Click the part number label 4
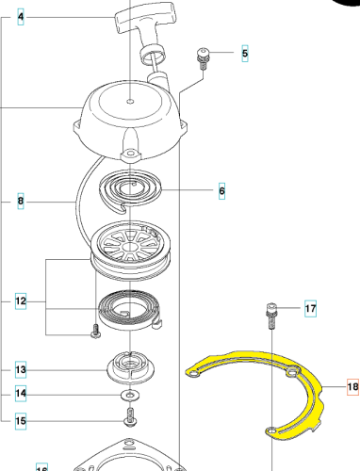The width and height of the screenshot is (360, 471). [21, 17]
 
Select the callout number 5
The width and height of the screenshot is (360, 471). [245, 54]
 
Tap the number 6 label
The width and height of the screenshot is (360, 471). [221, 190]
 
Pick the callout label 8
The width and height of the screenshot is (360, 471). [21, 201]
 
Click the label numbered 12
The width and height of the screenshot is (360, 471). [21, 300]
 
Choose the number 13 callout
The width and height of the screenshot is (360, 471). [21, 369]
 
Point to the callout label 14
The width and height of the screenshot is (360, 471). [21, 393]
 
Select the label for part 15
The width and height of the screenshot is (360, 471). [21, 421]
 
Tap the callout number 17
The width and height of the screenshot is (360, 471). [310, 308]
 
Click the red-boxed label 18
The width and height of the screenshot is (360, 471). [352, 386]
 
